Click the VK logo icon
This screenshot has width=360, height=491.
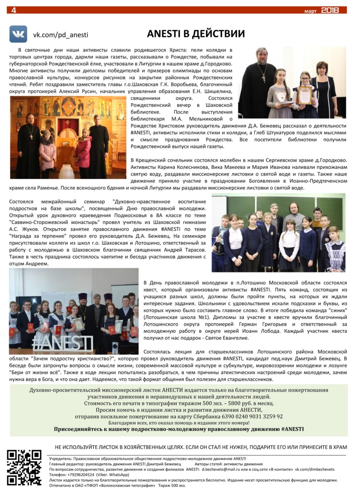tap(18, 34)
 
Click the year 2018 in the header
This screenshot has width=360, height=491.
tap(330, 10)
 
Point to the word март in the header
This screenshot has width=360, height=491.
tap(310, 11)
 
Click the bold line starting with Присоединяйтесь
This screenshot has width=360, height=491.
tap(179, 429)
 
